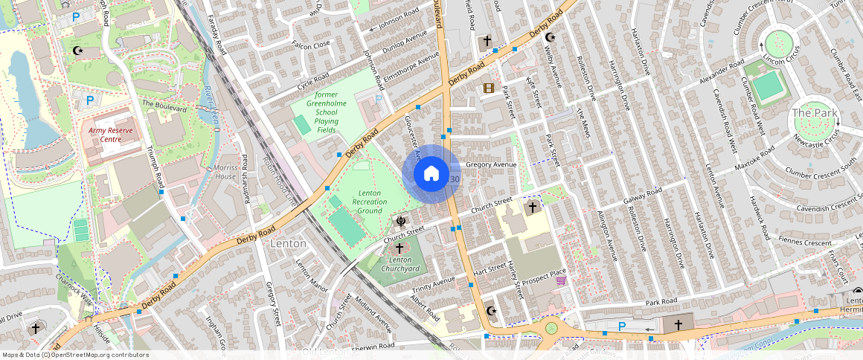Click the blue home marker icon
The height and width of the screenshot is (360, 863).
(431, 174)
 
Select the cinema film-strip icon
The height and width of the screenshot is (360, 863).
(488, 89)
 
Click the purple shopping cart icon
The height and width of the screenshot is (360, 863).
(560, 280)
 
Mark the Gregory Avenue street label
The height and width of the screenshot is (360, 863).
(490, 164)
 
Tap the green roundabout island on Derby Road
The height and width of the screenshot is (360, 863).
(551, 327)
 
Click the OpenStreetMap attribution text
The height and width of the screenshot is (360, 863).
(75, 355)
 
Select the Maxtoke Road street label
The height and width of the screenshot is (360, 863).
(755, 161)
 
